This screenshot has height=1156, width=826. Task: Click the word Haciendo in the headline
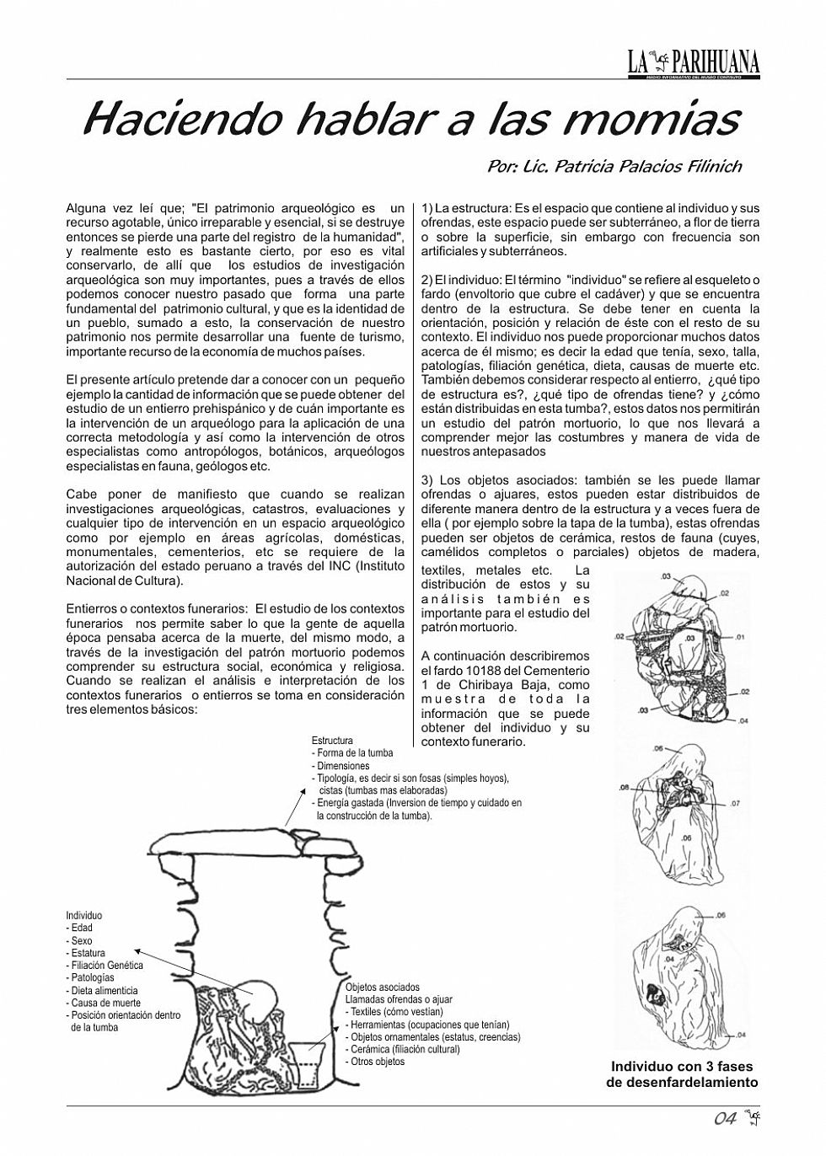point(182,120)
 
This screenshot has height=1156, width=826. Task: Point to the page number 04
point(726,1119)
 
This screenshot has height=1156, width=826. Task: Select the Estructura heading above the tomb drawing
point(332,741)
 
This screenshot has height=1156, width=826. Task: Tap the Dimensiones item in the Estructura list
point(341,766)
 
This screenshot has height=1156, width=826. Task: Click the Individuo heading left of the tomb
point(84,915)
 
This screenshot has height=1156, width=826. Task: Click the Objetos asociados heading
point(382,987)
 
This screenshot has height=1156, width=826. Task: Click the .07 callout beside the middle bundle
point(733,804)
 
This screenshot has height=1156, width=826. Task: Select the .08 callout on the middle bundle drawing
point(625,788)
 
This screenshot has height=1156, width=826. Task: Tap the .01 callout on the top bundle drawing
point(740,638)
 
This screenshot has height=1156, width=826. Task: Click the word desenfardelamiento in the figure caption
point(682,1082)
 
